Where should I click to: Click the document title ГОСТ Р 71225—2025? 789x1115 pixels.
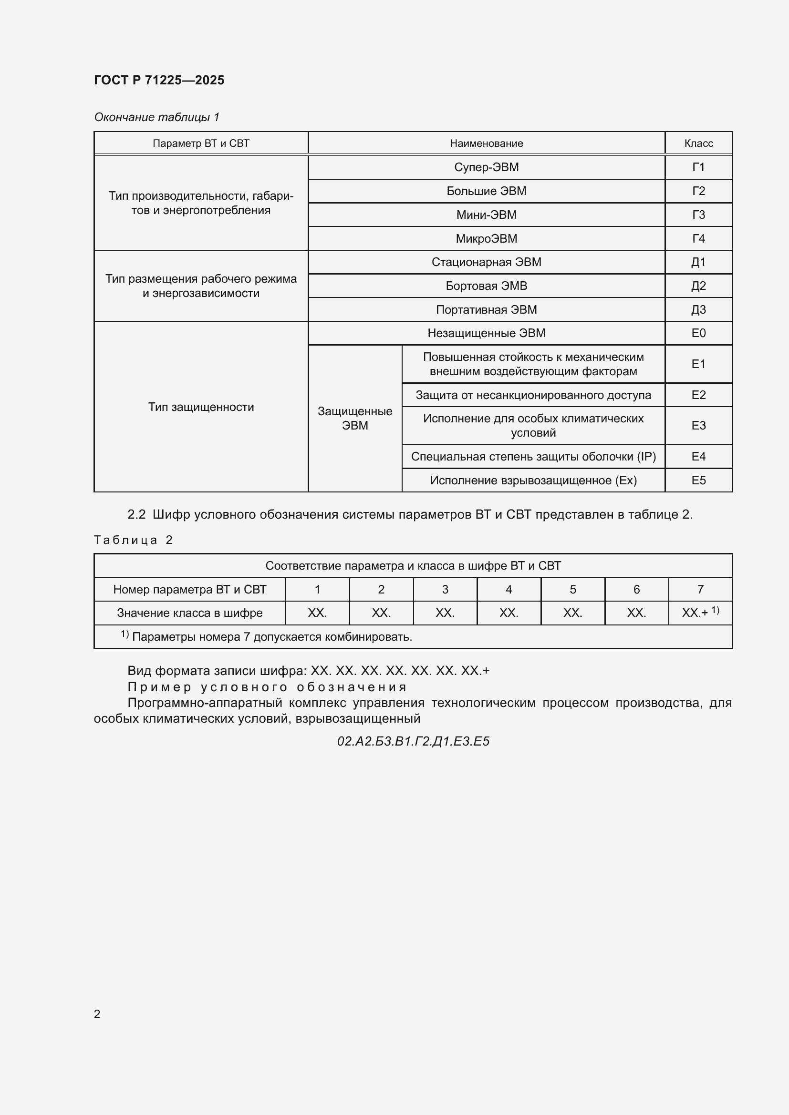tap(159, 80)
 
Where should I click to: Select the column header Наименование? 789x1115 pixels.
tap(486, 143)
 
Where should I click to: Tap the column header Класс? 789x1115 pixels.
tap(698, 143)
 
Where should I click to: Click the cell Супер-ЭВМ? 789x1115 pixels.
tap(486, 167)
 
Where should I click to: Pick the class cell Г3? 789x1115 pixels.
tap(698, 215)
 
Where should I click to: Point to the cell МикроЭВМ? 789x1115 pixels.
tap(486, 238)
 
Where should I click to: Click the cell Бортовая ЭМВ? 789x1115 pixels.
tap(486, 286)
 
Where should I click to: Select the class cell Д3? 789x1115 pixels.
tap(698, 309)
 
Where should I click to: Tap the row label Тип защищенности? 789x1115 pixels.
tap(201, 407)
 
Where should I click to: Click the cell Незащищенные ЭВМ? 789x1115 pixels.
tap(486, 333)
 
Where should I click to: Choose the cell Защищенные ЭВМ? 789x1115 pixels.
tap(354, 418)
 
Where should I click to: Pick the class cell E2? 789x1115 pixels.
tap(698, 395)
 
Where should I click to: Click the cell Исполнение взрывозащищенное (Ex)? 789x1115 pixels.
tap(533, 481)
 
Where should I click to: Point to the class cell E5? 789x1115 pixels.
tap(698, 481)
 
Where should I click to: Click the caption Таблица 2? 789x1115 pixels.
tap(133, 540)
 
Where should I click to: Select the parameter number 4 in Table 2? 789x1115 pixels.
tap(509, 589)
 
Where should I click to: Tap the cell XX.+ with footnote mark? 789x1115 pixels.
tap(700, 613)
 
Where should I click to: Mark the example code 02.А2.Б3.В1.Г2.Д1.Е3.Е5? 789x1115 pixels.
tap(413, 741)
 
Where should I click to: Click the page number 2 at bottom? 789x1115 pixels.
tap(97, 1014)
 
